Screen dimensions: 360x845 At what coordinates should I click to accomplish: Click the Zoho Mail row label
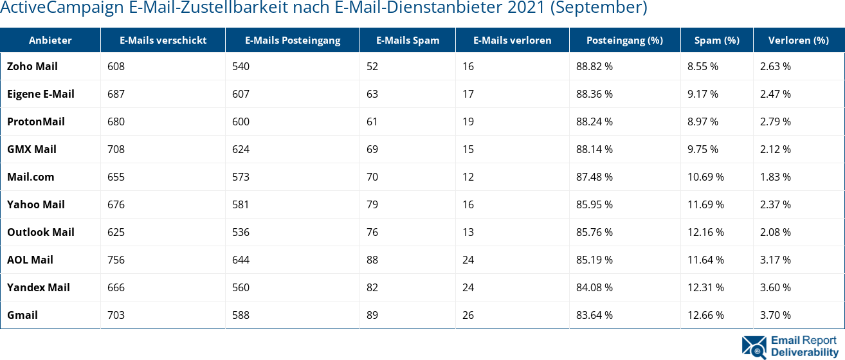[x=32, y=66]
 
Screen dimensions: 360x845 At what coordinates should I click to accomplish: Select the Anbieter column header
[x=50, y=40]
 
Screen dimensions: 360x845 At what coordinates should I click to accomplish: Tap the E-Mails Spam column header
[x=408, y=40]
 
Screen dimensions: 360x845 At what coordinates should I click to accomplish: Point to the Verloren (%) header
[x=798, y=40]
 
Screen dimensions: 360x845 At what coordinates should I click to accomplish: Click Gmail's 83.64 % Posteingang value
[x=594, y=315]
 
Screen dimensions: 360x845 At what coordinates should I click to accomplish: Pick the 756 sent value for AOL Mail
[x=116, y=260]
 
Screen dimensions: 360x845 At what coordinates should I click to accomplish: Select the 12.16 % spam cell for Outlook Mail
[x=705, y=232]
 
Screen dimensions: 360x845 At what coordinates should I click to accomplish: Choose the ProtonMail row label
[x=36, y=122]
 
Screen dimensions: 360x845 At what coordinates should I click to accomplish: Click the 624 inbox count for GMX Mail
[x=241, y=149]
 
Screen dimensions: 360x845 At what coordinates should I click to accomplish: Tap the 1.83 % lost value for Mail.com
[x=776, y=177]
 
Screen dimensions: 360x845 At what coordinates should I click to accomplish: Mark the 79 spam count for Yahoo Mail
[x=372, y=204]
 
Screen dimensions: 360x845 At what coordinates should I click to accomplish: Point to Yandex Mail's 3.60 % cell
[x=776, y=287]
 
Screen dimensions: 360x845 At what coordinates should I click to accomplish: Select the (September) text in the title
[x=604, y=8]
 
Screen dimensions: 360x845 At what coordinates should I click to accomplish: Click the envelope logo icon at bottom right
[x=754, y=346]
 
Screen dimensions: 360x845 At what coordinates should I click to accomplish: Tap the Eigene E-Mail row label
[x=41, y=94]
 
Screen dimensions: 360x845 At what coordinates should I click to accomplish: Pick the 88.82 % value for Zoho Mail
[x=594, y=66]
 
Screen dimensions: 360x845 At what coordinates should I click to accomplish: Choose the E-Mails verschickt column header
[x=163, y=40]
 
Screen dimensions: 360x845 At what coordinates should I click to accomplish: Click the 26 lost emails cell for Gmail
[x=468, y=315]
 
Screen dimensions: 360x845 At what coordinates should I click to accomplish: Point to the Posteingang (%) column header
[x=624, y=40]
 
